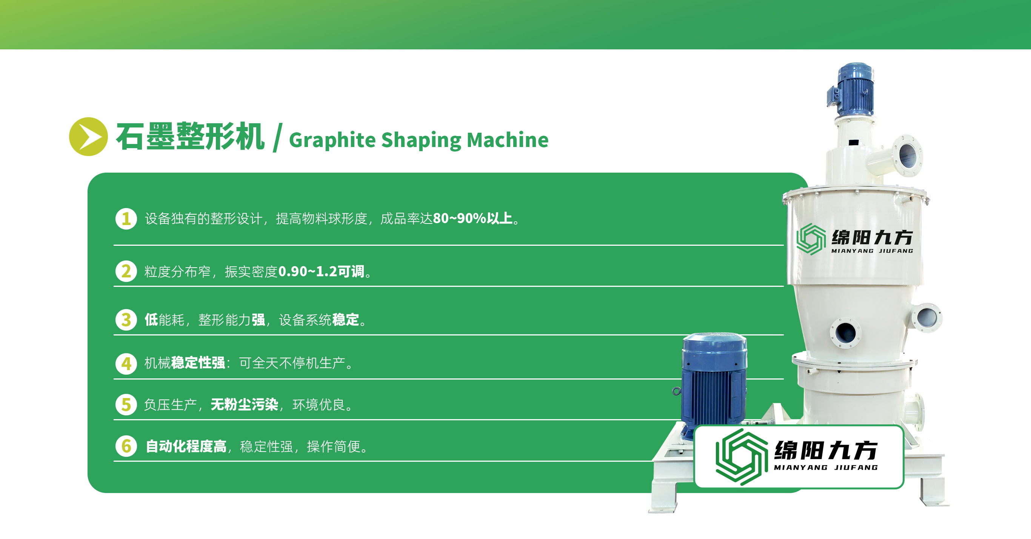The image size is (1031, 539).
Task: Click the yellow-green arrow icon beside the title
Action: pos(88,136)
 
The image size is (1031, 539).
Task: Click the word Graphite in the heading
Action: pos(332,140)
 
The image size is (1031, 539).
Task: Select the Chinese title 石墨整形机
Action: pos(190,136)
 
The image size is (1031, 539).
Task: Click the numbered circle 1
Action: pos(126,218)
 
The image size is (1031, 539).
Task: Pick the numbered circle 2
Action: pos(126,271)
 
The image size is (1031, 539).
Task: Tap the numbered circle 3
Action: pos(126,320)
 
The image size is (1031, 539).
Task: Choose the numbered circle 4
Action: pos(126,363)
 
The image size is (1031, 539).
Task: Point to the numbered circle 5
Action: pos(126,405)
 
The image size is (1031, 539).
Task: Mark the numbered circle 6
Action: pos(126,446)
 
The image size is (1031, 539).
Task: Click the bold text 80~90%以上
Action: pos(473,218)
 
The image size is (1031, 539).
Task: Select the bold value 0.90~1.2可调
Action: pos(322,271)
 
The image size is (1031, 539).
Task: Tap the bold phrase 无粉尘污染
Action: pos(244,405)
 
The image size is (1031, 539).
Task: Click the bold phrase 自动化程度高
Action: pos(186,446)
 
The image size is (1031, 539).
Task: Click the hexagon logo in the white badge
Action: pos(742,456)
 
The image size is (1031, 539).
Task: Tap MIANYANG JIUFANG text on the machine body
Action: pos(872,251)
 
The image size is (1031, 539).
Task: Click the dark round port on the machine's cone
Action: pos(846,333)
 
